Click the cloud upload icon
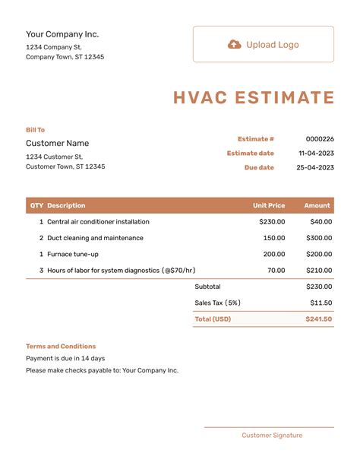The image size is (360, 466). pos(235,45)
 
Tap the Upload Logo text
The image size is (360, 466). pos(272,45)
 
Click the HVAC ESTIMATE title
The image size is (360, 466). pos(254,98)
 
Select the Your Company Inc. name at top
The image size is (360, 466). pos(62,34)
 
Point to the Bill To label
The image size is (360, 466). pos(36,130)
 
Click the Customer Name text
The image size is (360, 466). pos(57,143)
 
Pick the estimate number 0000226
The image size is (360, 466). pos(320,139)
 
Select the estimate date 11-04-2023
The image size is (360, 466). pos(316,154)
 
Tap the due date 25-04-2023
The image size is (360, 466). pos(315,167)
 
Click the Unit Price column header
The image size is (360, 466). pos(269,205)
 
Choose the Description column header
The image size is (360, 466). pos(66,205)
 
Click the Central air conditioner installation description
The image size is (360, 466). pos(98,222)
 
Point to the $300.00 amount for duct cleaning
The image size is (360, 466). pos(319,238)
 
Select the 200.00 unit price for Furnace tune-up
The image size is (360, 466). pos(274,254)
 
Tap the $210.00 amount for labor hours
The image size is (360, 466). pos(319,271)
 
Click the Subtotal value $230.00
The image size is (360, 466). pos(319,287)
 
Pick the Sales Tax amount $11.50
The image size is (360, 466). pos(321,303)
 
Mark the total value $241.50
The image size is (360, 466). pos(319,319)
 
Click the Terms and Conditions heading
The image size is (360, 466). pos(61,346)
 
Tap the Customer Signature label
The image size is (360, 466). pos(272,436)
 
